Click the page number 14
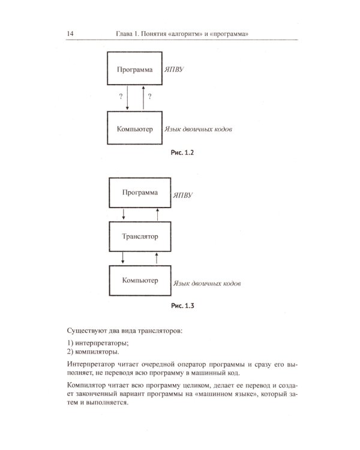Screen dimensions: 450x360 [x=70, y=34]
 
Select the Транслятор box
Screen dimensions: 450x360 [x=139, y=236]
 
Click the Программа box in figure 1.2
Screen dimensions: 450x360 [x=133, y=70]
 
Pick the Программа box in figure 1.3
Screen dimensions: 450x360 [x=139, y=193]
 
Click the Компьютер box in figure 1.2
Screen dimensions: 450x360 [x=133, y=128]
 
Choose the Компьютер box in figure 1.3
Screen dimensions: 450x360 [x=139, y=280]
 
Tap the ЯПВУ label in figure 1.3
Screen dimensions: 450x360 [x=182, y=196]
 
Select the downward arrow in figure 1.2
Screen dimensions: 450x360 [x=128, y=98]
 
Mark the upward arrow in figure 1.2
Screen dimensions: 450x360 [x=143, y=98]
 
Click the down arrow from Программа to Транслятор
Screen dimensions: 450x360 [x=123, y=214]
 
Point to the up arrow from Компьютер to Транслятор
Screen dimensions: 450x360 [x=157, y=258]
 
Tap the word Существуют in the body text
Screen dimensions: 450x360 [x=88, y=330]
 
